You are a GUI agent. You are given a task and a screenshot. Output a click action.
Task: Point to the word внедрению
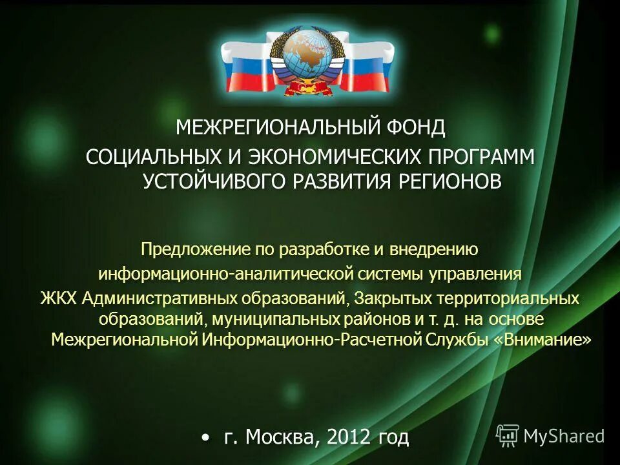(x=439, y=249)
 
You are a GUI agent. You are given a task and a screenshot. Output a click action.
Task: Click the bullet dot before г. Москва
(x=205, y=438)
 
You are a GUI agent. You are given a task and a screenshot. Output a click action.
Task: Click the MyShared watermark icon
(x=508, y=436)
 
